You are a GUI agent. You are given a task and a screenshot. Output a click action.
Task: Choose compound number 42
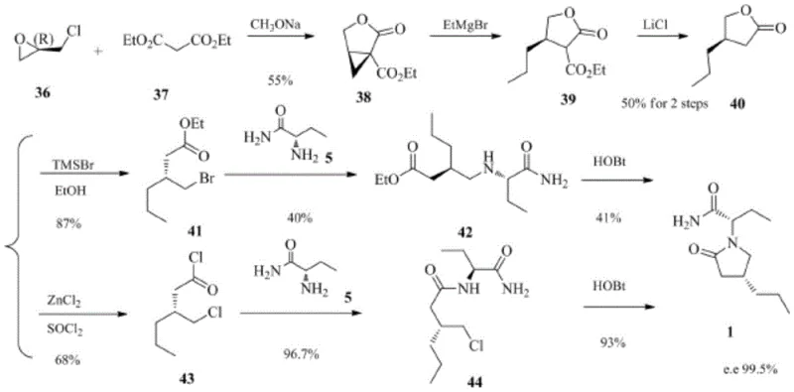(464, 235)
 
